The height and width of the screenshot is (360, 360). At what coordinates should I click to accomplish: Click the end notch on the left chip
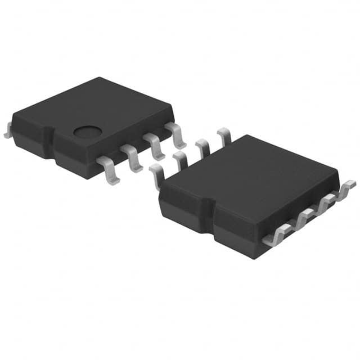(x=50, y=143)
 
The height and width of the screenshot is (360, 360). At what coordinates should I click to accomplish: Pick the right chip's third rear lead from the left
(x=203, y=147)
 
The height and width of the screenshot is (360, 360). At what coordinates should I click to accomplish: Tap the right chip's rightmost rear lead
(x=224, y=136)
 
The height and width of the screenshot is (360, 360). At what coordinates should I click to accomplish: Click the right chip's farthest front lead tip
(x=348, y=188)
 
